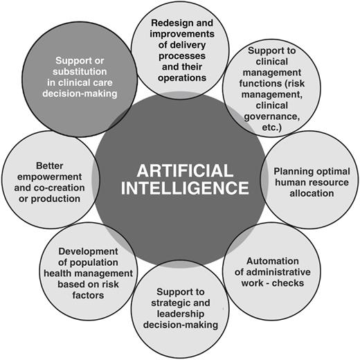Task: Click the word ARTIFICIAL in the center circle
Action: coord(185,171)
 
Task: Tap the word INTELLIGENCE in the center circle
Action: coord(185,188)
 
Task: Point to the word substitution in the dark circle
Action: coord(80,71)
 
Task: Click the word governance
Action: coord(272,117)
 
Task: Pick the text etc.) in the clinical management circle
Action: coord(272,127)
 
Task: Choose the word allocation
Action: coord(312,193)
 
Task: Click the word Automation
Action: coord(273,261)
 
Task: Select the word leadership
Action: coord(181,314)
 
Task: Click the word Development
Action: coord(88,252)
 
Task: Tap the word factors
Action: coord(88,295)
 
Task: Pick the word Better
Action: coord(50,165)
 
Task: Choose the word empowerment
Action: coord(50,177)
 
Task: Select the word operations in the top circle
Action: coord(182,78)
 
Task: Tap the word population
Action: coord(94,263)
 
